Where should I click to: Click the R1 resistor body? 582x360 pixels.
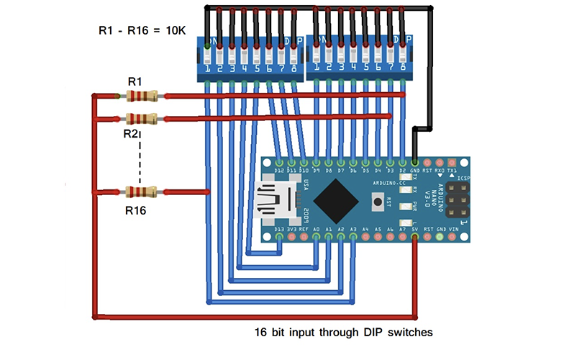point(141,96)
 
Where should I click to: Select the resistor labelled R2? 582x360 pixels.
point(141,119)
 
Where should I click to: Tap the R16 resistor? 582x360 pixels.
point(141,192)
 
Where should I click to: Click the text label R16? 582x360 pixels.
point(136,210)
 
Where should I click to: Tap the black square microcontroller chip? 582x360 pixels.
point(337,200)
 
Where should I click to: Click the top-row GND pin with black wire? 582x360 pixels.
point(416,163)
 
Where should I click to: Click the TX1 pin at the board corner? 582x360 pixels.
point(453,163)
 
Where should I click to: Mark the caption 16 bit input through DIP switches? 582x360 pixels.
point(344,333)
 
